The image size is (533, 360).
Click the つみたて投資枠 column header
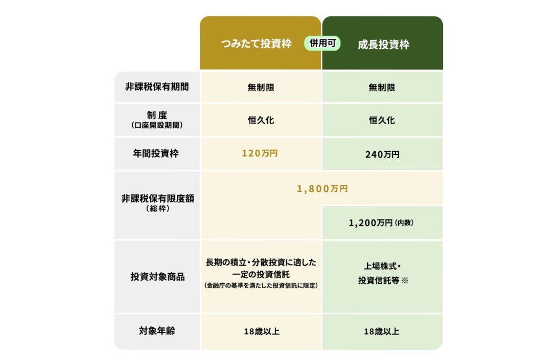256,44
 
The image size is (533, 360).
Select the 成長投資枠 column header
383,45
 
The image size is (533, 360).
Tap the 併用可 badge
322,43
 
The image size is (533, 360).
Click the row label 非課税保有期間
157,87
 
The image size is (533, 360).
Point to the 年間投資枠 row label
156,153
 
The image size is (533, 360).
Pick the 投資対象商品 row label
158,277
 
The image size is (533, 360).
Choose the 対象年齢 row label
157,331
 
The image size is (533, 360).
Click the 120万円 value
260,153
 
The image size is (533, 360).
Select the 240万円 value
382,154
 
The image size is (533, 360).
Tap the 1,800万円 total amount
322,189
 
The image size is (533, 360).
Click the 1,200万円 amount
370,223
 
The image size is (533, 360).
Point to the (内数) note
404,223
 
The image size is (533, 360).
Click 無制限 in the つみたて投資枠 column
261,88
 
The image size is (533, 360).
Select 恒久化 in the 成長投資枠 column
382,120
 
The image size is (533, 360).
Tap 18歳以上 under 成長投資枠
382,331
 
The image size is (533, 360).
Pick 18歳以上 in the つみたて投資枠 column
261,331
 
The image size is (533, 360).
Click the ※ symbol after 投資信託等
405,281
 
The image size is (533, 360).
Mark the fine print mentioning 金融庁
261,285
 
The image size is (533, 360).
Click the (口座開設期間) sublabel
157,125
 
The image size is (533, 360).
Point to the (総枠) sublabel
158,209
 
